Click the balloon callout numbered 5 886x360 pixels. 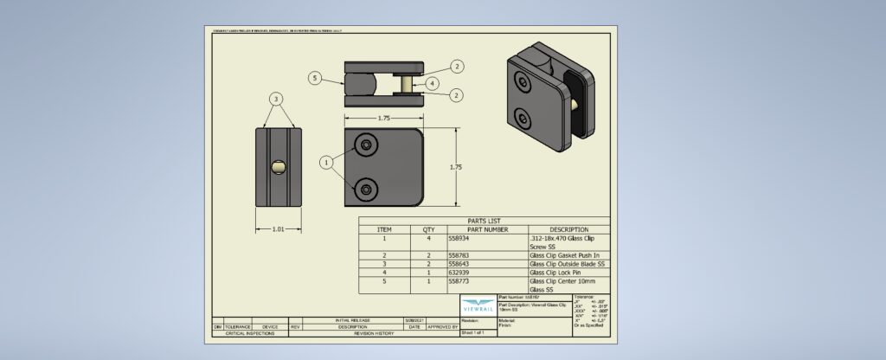coord(316,78)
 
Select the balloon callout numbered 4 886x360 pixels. coord(433,83)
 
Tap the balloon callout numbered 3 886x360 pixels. coord(276,100)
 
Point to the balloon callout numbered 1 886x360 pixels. coord(326,162)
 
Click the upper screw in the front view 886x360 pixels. coord(369,145)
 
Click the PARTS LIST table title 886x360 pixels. coord(484,221)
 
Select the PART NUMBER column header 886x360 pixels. coord(486,229)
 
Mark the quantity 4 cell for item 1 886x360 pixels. coord(428,238)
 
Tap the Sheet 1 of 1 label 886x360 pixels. coord(477,332)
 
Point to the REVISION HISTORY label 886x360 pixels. coord(374,333)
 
